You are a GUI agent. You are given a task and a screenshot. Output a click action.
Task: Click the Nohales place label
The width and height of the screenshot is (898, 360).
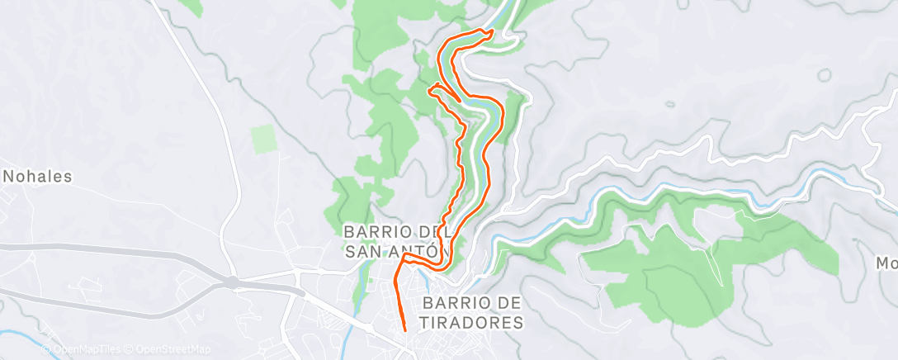[x=39, y=176]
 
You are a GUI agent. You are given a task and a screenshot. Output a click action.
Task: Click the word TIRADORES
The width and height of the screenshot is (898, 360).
[x=473, y=322]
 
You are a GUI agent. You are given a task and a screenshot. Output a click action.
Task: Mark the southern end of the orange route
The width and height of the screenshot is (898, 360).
[x=405, y=330]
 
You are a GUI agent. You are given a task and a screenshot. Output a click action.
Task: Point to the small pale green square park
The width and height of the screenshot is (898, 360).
[x=262, y=139]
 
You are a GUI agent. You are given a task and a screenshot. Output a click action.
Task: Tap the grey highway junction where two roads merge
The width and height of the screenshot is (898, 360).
[x=234, y=282]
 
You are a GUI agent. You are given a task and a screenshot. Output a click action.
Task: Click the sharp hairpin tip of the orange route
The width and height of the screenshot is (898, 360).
[x=432, y=86]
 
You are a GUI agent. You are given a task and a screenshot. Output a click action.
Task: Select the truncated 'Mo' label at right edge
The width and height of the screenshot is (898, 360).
[x=886, y=263]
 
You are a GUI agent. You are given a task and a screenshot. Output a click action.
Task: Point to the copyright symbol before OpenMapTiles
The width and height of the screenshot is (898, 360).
[x=48, y=350]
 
